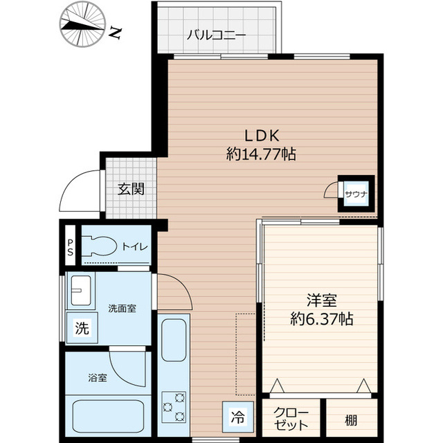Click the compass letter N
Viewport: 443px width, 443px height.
[116, 33]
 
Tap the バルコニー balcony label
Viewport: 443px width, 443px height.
[216, 34]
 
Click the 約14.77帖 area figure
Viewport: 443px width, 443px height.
[261, 154]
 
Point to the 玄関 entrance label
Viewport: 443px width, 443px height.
[129, 188]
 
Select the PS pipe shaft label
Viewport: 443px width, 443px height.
[70, 247]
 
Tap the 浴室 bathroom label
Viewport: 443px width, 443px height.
[97, 379]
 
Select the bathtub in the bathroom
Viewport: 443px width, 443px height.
[107, 417]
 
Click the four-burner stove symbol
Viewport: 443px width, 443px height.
[174, 406]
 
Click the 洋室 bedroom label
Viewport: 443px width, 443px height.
[322, 301]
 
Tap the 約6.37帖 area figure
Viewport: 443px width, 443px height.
[322, 320]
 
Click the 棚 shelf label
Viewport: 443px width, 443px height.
[352, 419]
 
